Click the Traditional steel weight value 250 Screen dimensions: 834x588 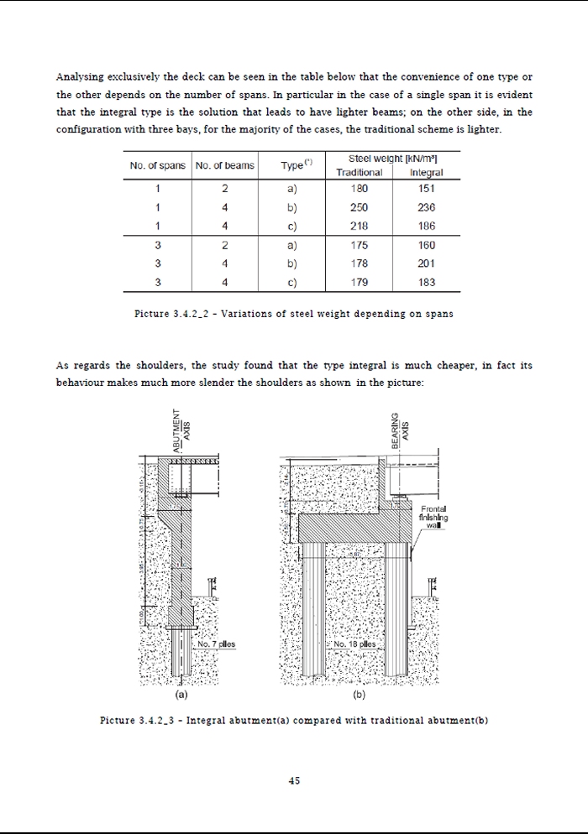click(x=360, y=207)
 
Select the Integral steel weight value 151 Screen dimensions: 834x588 click(x=427, y=189)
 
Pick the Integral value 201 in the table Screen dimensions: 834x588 click(x=427, y=264)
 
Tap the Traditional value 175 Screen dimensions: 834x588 click(x=360, y=246)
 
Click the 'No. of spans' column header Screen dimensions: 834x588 click(x=158, y=165)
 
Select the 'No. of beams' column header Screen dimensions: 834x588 click(x=224, y=165)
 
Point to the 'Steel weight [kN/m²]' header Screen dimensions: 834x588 click(x=393, y=159)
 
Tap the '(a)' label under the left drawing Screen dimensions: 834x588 click(x=181, y=696)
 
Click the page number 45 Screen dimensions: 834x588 click(x=294, y=780)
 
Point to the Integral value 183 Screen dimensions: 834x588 click(x=427, y=283)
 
